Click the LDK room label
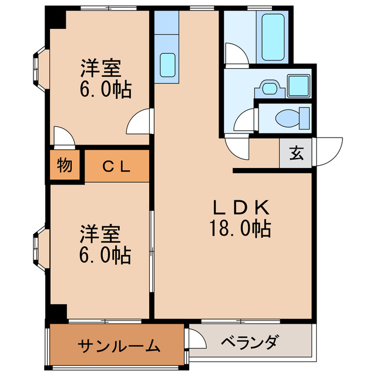tap(240, 207)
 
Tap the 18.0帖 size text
tap(240, 228)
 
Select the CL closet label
tap(117, 166)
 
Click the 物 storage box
tap(65, 166)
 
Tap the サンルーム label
tap(118, 345)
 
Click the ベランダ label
tap(250, 342)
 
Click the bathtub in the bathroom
tap(273, 36)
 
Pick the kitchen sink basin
tap(169, 63)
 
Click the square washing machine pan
tap(300, 86)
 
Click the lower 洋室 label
tap(101, 234)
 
